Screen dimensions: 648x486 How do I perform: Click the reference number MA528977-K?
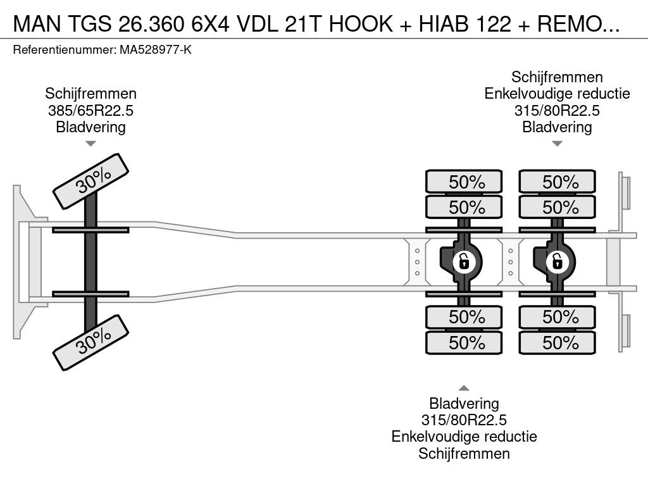(x=156, y=50)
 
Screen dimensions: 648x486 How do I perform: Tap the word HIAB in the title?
(x=444, y=24)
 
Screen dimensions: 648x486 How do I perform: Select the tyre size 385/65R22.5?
(x=91, y=110)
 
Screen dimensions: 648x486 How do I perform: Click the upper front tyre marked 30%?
(x=91, y=181)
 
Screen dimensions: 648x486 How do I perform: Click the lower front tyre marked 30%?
(x=91, y=342)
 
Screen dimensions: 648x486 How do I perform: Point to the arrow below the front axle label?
(x=91, y=144)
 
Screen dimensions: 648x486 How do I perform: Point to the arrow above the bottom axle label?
(x=464, y=388)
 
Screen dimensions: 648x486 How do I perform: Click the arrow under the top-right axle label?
(x=558, y=144)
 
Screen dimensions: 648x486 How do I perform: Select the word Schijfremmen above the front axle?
(x=91, y=94)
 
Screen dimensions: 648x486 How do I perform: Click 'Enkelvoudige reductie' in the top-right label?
(x=557, y=94)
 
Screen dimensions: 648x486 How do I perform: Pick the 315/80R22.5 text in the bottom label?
(x=464, y=420)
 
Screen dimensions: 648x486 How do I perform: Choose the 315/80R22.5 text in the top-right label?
(x=557, y=110)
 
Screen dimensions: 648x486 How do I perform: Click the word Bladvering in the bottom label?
(x=464, y=403)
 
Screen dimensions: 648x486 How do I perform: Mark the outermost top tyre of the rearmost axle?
(x=557, y=181)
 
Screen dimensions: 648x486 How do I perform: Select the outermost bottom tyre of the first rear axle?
(x=464, y=342)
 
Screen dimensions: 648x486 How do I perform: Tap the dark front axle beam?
(x=90, y=262)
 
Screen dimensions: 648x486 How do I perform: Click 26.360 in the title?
(x=151, y=24)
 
